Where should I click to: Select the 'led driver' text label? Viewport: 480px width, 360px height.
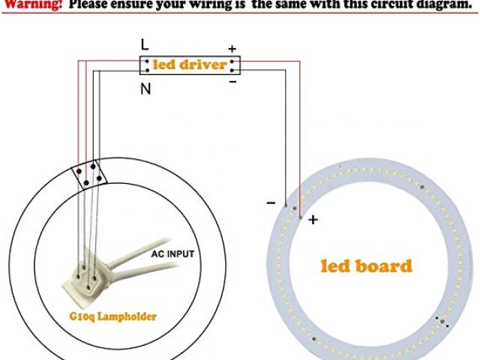point(190,65)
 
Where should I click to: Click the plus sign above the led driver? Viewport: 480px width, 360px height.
point(232,49)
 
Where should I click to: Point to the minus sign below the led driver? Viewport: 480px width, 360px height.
point(232,82)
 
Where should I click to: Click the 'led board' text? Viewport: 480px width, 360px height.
point(366,265)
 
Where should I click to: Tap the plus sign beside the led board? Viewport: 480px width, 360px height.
point(313,220)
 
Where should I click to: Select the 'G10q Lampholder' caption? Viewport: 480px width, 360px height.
point(111,316)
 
